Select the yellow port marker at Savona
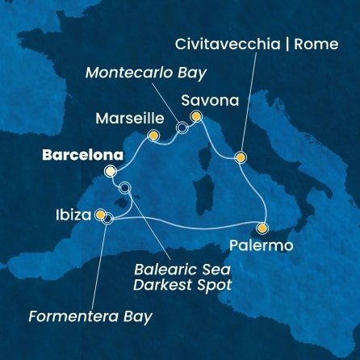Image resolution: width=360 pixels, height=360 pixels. click(195, 117)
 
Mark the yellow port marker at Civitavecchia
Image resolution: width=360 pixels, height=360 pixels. click(240, 157)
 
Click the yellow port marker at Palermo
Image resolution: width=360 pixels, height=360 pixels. click(262, 227)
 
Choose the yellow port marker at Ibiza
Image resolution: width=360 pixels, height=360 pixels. click(100, 215)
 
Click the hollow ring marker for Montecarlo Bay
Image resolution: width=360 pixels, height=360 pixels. click(182, 128)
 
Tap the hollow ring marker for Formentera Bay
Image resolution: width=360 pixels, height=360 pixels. click(107, 218)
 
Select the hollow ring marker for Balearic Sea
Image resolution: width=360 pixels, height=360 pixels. click(123, 189)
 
